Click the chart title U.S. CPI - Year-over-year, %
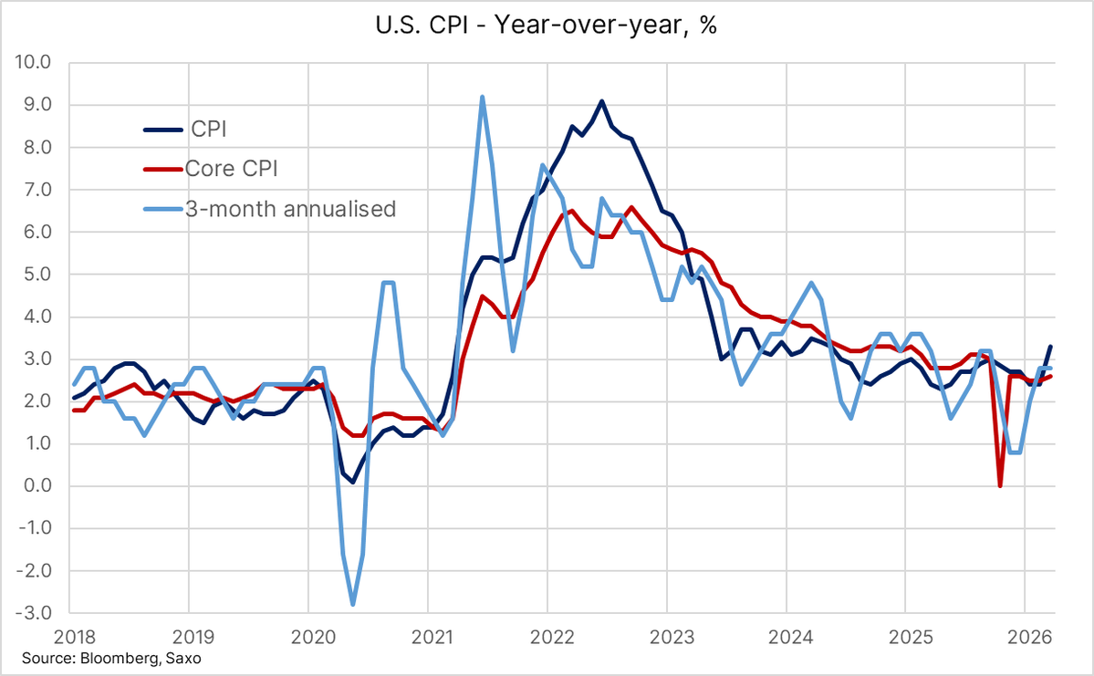(x=547, y=26)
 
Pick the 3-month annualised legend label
(x=289, y=209)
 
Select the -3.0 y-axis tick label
(x=34, y=614)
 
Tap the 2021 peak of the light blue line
(x=482, y=97)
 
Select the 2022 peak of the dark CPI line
(x=601, y=101)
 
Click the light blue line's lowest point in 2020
(x=352, y=604)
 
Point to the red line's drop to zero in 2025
(x=1000, y=485)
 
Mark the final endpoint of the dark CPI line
(x=1050, y=347)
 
